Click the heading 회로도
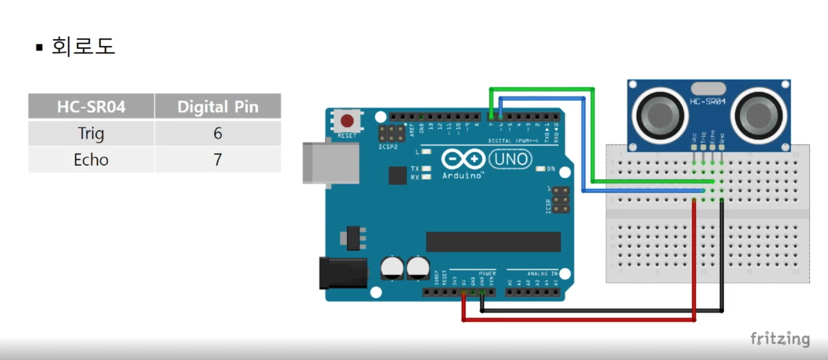(x=83, y=46)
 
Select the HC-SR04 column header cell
(x=91, y=107)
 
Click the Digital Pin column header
(x=218, y=107)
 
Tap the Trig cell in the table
(x=91, y=133)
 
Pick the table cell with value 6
(x=218, y=133)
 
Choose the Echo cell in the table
(x=91, y=159)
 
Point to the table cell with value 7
(x=218, y=159)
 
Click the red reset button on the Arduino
(x=347, y=121)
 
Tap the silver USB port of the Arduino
(x=330, y=163)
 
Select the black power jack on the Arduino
(x=342, y=273)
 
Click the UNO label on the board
(x=511, y=159)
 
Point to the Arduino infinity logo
(x=463, y=159)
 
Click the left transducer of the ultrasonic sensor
(x=659, y=114)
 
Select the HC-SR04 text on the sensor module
(x=707, y=101)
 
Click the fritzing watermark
(x=780, y=339)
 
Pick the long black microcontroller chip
(x=493, y=242)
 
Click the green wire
(x=542, y=89)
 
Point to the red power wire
(x=578, y=320)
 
